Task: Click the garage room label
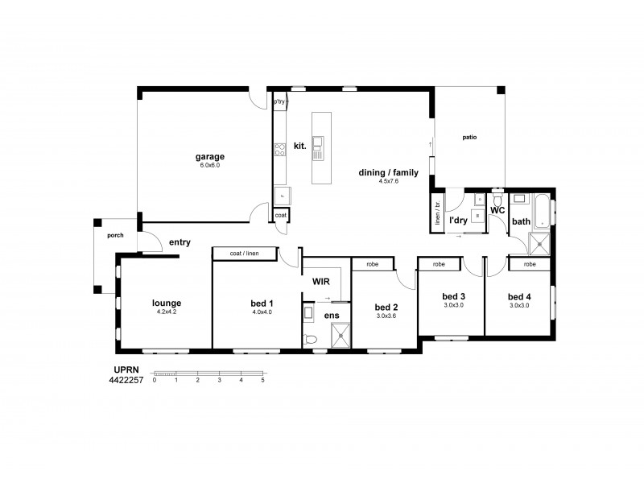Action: click(x=209, y=156)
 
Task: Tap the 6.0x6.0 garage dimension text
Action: click(x=209, y=165)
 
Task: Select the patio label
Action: click(x=469, y=138)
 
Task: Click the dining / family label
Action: click(x=389, y=173)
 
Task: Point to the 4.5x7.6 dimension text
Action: click(x=389, y=182)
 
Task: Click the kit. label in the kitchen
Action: click(x=299, y=146)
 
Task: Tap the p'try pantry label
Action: click(x=279, y=102)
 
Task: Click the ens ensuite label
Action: click(x=331, y=316)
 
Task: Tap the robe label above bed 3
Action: click(x=439, y=264)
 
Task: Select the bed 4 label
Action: click(x=518, y=295)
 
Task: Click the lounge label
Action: click(x=167, y=303)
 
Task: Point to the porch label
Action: click(x=114, y=236)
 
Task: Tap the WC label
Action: click(x=497, y=210)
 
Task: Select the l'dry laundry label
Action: click(x=459, y=219)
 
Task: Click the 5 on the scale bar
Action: click(x=262, y=379)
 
